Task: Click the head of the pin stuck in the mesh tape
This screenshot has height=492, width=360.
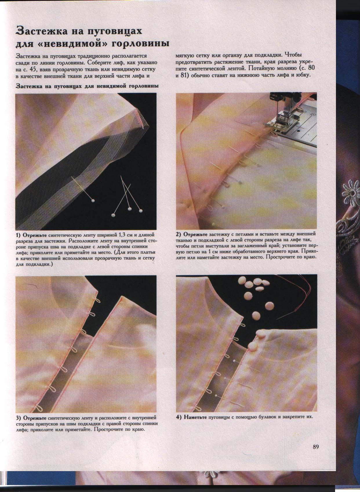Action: pyautogui.click(x=93, y=200)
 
